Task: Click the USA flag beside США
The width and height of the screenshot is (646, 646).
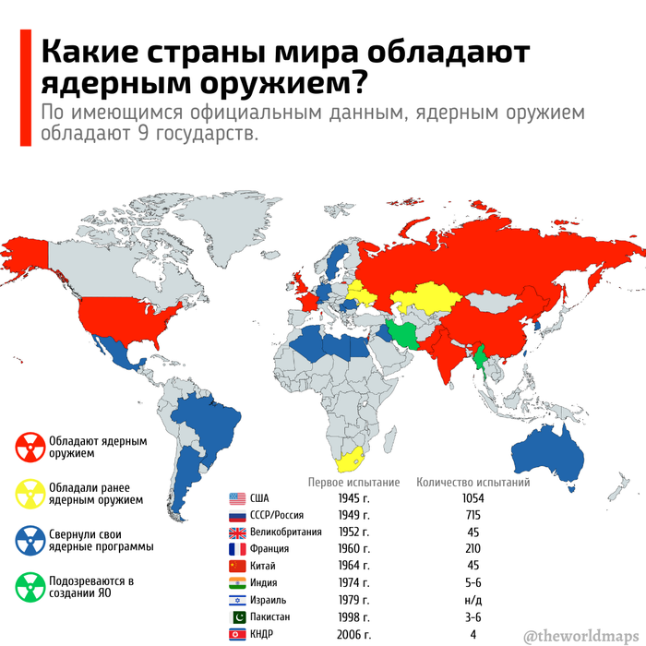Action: (x=235, y=498)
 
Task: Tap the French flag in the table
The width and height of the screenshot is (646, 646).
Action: (x=235, y=548)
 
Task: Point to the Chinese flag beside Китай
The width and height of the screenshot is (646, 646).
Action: (x=235, y=565)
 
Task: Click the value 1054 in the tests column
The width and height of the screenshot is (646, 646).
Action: (x=473, y=498)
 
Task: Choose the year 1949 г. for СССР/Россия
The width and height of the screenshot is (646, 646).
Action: (x=353, y=515)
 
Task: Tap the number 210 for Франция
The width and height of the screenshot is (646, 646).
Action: (x=473, y=548)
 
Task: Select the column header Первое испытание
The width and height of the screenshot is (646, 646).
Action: (x=353, y=482)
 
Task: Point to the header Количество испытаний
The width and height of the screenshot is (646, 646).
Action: (x=473, y=482)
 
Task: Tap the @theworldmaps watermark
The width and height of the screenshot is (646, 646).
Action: (x=580, y=634)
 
